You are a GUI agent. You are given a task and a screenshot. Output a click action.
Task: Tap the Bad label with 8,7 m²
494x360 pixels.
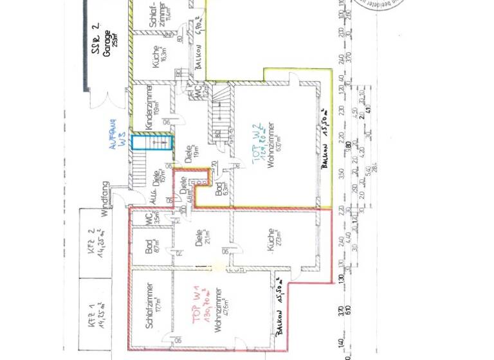(151, 247)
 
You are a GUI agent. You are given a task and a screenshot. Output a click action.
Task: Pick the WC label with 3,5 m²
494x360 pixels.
(149, 219)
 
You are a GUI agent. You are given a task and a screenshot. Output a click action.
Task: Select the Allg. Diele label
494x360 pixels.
(157, 188)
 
